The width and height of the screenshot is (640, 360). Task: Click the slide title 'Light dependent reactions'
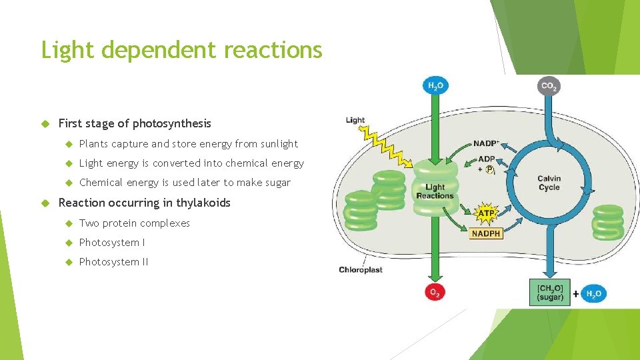[181, 50]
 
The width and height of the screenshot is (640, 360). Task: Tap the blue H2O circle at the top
[435, 85]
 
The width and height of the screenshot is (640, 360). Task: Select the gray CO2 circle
[549, 86]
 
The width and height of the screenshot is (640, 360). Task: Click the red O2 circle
[435, 292]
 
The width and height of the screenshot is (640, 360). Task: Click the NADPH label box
[486, 233]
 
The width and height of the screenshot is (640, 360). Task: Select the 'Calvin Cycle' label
[549, 183]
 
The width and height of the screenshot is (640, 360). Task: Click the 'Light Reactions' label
[435, 192]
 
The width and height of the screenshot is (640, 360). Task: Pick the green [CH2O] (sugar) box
[550, 291]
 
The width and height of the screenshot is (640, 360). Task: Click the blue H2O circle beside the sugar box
[593, 293]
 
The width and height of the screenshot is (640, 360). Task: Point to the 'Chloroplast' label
[361, 270]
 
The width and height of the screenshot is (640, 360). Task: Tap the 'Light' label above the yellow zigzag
[355, 121]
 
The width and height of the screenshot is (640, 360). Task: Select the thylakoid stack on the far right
[607, 221]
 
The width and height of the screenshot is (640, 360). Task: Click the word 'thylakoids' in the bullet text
[203, 203]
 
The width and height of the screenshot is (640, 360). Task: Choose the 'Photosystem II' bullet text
[113, 262]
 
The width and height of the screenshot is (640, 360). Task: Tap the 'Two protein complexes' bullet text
[134, 223]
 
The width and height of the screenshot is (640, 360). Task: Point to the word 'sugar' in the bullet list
[277, 183]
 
